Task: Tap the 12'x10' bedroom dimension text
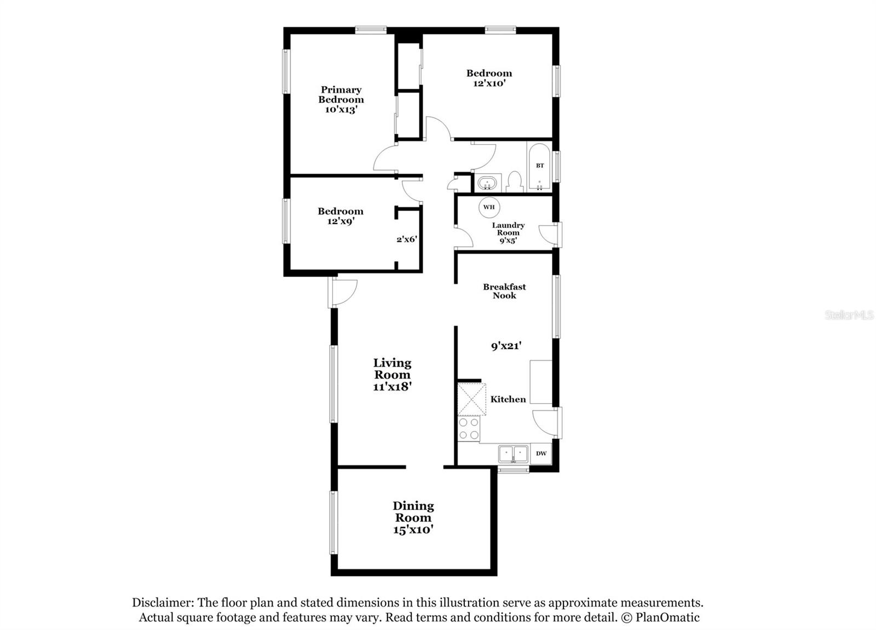click(489, 83)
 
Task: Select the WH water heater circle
click(489, 207)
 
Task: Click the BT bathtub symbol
click(540, 166)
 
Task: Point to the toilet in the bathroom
click(515, 182)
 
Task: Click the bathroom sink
click(487, 182)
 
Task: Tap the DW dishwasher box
click(541, 454)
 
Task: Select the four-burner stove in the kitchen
click(469, 429)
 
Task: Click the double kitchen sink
click(513, 454)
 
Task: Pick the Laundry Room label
click(508, 229)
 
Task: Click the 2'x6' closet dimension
click(407, 239)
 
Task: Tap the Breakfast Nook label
click(504, 291)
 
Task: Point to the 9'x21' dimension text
click(506, 346)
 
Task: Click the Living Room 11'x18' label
click(392, 375)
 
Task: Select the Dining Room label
click(413, 512)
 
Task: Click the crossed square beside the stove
click(471, 399)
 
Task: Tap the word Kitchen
click(508, 399)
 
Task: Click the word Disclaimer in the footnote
click(162, 603)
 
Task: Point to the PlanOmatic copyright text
click(660, 617)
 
